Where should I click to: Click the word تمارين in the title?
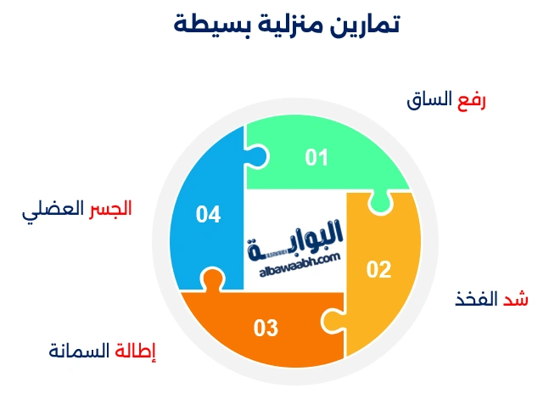(367, 25)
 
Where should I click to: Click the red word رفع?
(471, 101)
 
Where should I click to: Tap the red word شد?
(516, 299)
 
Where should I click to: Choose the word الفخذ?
(476, 299)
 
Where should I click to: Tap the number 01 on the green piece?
(316, 158)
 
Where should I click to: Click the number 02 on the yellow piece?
(378, 270)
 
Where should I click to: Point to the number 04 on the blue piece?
(208, 214)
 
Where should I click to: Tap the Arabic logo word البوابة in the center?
(297, 236)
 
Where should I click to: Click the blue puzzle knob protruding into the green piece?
(259, 156)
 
